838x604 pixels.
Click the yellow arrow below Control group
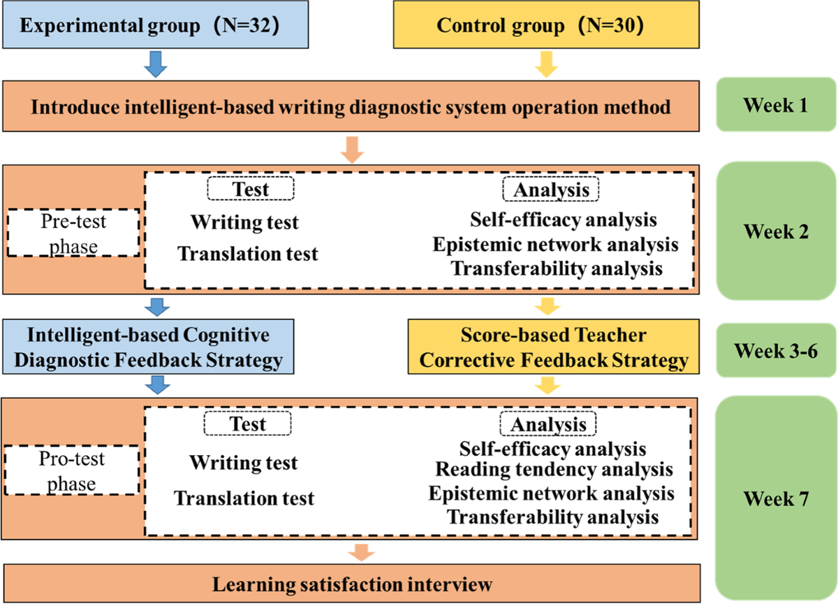[x=547, y=64]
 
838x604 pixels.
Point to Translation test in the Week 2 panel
[x=248, y=253]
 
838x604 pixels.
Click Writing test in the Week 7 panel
[x=244, y=462]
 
